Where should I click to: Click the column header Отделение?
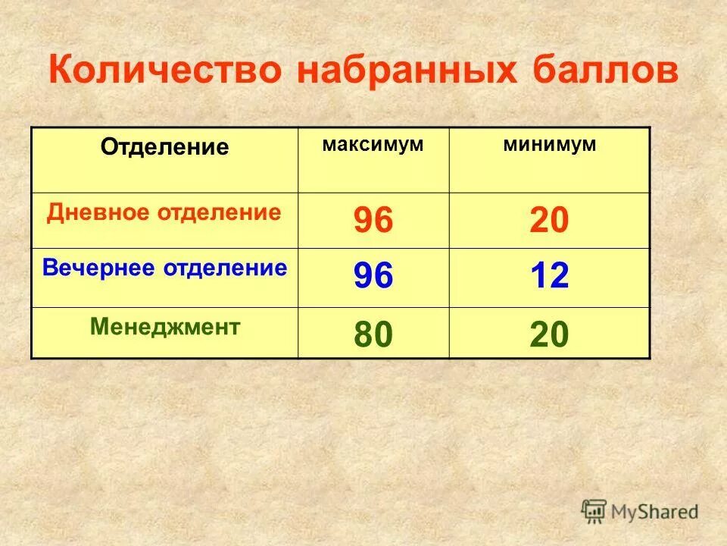(x=164, y=147)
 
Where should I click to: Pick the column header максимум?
(x=373, y=144)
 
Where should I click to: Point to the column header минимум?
(x=550, y=144)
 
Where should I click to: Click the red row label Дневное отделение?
(x=164, y=212)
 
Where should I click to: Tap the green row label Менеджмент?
(x=165, y=327)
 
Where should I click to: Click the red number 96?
(x=373, y=221)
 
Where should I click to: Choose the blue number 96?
(x=373, y=277)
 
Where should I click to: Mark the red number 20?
(x=549, y=221)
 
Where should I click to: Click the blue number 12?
(x=549, y=277)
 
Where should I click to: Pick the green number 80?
(x=373, y=334)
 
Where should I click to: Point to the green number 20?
(x=549, y=334)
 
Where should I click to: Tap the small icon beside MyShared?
(x=594, y=510)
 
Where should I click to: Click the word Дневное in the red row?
(x=98, y=212)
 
